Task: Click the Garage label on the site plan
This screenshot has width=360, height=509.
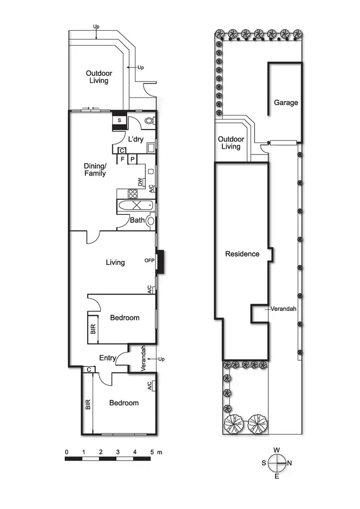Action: (286, 103)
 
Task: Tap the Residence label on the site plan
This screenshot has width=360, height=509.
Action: (242, 254)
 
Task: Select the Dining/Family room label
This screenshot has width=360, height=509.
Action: (95, 169)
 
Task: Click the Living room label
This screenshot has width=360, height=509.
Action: (115, 262)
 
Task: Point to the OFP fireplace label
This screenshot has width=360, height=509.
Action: (149, 261)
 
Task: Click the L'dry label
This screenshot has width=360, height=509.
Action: (134, 139)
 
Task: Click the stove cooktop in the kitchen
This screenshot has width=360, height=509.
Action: (133, 194)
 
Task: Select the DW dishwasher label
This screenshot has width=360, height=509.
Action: (140, 182)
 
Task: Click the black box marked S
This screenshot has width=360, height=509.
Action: (119, 120)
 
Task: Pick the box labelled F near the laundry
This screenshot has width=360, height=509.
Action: (122, 159)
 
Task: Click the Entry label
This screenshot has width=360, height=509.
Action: (107, 358)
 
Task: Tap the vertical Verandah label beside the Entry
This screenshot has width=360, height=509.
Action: (143, 359)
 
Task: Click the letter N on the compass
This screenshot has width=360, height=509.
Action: (290, 463)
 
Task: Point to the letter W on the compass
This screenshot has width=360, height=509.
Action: (277, 450)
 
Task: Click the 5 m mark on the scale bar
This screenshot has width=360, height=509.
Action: (152, 452)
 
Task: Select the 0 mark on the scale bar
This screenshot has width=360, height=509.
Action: (66, 452)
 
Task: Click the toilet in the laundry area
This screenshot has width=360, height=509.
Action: (149, 121)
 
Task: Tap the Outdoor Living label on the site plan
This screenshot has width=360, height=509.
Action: (231, 142)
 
